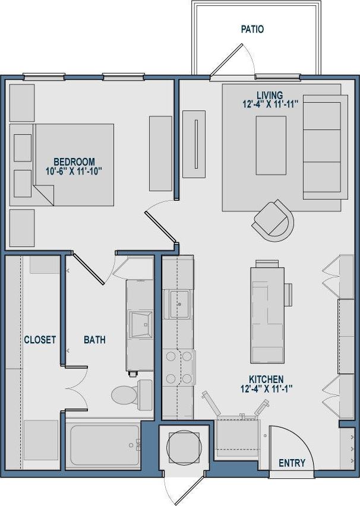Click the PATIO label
(252, 29)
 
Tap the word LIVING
(270, 94)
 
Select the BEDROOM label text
(74, 162)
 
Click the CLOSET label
(40, 340)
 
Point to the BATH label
(94, 340)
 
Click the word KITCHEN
(266, 379)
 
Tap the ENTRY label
(292, 463)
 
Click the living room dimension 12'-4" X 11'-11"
(270, 104)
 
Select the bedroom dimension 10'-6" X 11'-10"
(74, 172)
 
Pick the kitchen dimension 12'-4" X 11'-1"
(266, 389)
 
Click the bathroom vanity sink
(141, 324)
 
